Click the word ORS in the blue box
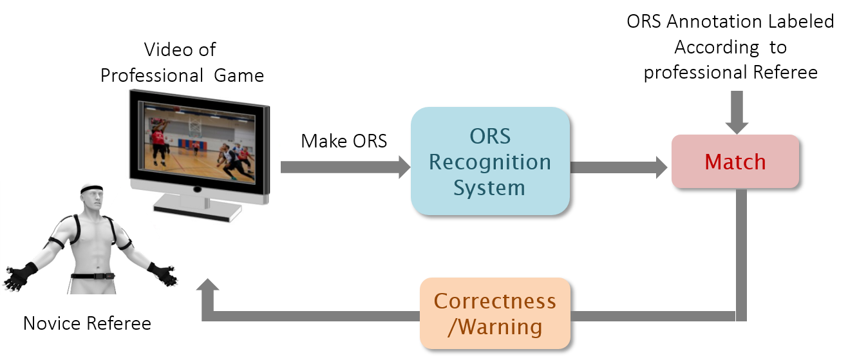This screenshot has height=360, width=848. pos(490,137)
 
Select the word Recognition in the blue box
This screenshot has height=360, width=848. pos(490,162)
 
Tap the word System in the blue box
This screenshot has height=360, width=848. pos(490,188)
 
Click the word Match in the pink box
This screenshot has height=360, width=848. pos(735,162)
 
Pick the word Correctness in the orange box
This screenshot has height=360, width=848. pos(495,301)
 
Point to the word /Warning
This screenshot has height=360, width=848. pos(495,327)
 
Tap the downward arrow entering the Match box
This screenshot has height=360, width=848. pos(737,112)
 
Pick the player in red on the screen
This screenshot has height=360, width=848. pos(158,142)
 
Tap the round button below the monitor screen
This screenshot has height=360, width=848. pos(197,190)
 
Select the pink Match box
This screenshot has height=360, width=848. pos(735,161)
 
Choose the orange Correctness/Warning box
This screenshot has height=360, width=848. pos(495,314)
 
